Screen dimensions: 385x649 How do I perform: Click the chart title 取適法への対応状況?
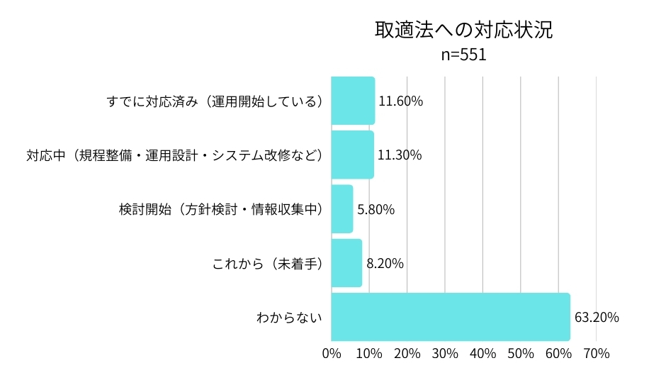[x=463, y=30]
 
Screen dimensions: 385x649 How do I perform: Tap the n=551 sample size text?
[x=463, y=55]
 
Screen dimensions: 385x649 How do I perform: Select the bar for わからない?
[x=451, y=317]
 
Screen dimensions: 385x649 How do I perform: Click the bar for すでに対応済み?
[x=353, y=101]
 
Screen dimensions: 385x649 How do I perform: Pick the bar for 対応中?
[x=352, y=155]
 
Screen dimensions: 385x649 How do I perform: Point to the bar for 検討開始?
[x=342, y=209]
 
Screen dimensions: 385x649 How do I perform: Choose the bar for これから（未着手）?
[x=346, y=263]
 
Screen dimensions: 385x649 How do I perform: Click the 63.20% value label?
[x=597, y=317]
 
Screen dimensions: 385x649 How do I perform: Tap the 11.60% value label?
[x=400, y=101]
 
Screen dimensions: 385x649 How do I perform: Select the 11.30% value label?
[x=400, y=155]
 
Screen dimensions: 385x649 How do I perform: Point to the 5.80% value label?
[x=376, y=209]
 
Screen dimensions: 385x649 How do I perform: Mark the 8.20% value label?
[x=385, y=263]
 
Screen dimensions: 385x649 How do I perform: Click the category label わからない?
[x=289, y=317]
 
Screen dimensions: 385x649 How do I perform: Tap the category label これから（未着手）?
[x=268, y=263]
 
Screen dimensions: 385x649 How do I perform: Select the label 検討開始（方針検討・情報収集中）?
[x=221, y=209]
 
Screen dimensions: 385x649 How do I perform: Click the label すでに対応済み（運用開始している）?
[x=215, y=101]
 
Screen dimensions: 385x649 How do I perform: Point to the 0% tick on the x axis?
[x=332, y=353]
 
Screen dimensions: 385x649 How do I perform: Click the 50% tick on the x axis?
[x=520, y=353]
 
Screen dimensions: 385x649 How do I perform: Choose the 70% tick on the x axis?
[x=596, y=353]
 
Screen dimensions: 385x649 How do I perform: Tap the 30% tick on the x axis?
[x=445, y=353]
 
